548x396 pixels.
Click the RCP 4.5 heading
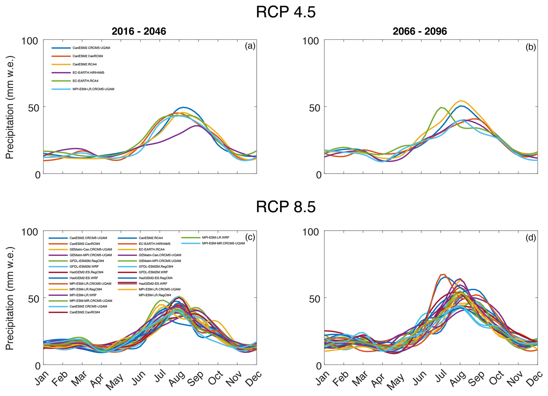click(x=286, y=12)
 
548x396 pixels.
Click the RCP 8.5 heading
click(x=286, y=207)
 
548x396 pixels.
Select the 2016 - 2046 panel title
click(x=139, y=31)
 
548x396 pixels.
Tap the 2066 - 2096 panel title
click(x=420, y=31)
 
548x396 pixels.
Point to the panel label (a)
click(x=250, y=46)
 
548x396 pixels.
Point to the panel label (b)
click(x=531, y=47)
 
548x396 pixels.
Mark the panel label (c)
click(x=250, y=237)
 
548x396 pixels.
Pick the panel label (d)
click(x=531, y=238)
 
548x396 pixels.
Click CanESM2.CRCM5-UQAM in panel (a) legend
click(x=91, y=48)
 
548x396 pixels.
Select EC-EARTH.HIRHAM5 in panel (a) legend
click(x=88, y=73)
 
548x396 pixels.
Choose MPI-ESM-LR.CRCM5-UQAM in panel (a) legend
click(x=93, y=89)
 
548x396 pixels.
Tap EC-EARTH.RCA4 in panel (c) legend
click(x=151, y=249)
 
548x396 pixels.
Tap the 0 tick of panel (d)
click(x=319, y=366)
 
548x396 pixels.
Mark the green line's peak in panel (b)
click(x=441, y=108)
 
